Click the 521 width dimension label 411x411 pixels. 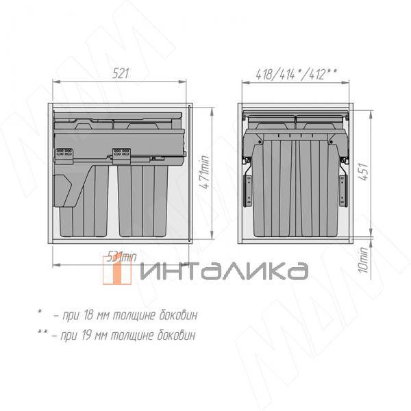click(121, 74)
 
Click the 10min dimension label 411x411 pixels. click(364, 260)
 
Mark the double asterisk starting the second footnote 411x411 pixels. click(43, 334)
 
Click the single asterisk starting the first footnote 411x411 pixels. click(40, 313)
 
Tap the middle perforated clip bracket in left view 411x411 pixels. click(121, 156)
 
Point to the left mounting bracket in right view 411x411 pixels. click(247, 185)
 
